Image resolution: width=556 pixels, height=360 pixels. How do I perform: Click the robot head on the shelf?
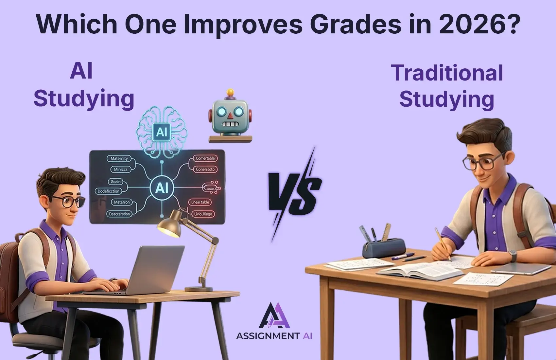point(230,116)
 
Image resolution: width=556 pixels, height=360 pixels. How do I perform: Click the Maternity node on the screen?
point(119,158)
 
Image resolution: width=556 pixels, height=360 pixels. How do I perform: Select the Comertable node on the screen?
point(205,158)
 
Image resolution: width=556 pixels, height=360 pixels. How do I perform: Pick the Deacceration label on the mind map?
point(119,214)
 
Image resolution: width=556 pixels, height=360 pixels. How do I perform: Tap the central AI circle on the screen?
point(162,188)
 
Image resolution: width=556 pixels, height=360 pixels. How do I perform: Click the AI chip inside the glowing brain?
point(162,132)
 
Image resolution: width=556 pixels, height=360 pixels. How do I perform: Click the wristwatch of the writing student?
point(513,255)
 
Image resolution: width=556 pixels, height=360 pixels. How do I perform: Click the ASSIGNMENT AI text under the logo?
point(274,336)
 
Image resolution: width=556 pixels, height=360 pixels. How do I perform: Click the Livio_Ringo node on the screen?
point(203,214)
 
